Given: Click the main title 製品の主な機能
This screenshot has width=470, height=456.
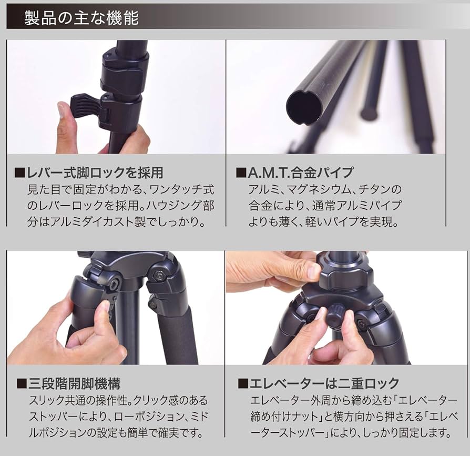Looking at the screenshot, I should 81,18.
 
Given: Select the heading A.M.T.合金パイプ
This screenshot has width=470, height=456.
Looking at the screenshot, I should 300,172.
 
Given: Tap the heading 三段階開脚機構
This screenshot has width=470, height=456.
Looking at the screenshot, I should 80,383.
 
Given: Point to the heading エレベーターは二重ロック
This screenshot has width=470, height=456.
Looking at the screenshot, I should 324,383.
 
